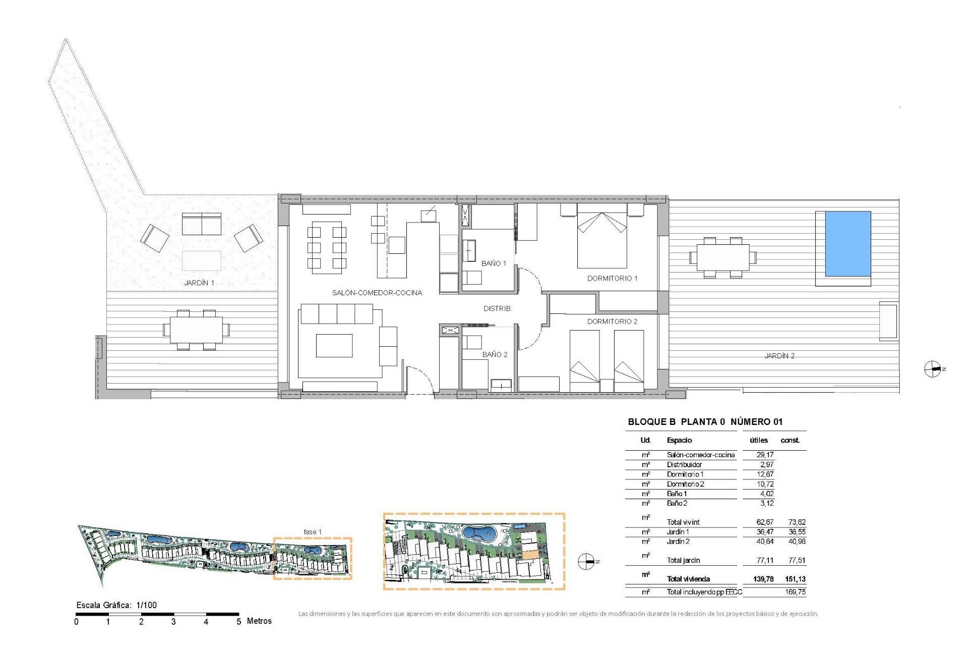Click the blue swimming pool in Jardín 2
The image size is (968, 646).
click(x=848, y=244)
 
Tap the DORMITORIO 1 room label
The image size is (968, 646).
click(x=612, y=278)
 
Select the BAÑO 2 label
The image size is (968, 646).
click(x=495, y=354)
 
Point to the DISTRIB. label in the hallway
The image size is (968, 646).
click(x=497, y=308)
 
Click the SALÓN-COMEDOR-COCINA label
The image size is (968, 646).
click(x=377, y=293)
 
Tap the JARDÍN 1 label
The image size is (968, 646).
click(x=199, y=283)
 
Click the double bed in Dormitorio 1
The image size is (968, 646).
click(x=601, y=239)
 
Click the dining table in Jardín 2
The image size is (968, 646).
click(x=722, y=257)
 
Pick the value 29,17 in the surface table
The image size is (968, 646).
click(x=765, y=455)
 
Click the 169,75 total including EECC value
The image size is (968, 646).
click(x=795, y=592)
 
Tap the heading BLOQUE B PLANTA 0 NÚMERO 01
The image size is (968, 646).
click(x=705, y=422)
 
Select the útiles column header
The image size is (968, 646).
click(x=759, y=440)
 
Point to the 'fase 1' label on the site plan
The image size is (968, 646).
click(x=313, y=532)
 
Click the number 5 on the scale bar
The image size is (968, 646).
click(x=239, y=622)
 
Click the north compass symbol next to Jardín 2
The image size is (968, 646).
click(x=932, y=369)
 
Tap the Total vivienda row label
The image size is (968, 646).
click(x=688, y=579)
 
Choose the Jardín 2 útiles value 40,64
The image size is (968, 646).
click(x=765, y=542)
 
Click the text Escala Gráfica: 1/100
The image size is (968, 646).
click(x=116, y=605)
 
